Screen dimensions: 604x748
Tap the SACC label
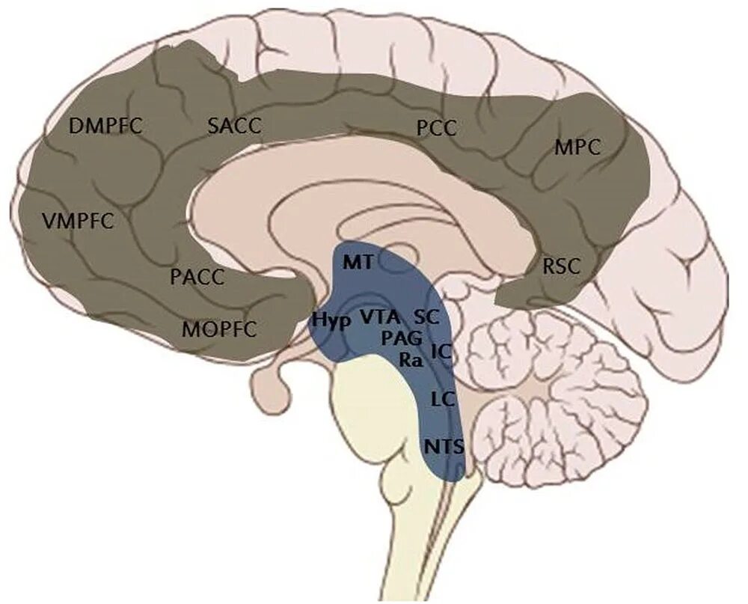click(234, 125)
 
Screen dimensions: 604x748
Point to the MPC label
click(577, 147)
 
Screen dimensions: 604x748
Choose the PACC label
click(197, 277)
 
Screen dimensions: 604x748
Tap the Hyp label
click(331, 318)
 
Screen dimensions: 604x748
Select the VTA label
click(378, 316)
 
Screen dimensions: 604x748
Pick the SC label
click(425, 316)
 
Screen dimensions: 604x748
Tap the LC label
click(444, 398)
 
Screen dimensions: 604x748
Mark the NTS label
click(444, 447)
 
